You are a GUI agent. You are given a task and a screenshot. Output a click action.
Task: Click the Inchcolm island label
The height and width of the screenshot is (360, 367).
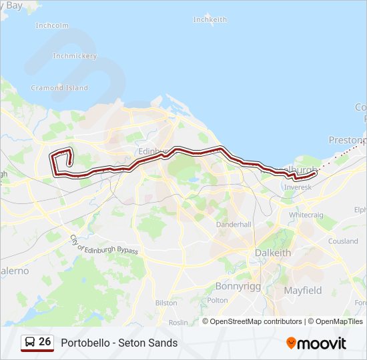click(x=52, y=26)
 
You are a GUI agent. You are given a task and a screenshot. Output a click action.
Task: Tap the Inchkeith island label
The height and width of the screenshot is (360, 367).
click(x=210, y=20)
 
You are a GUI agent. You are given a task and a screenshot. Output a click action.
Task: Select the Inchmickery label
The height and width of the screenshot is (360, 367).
click(x=75, y=56)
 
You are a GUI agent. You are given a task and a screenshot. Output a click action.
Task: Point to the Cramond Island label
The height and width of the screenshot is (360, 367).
click(x=59, y=88)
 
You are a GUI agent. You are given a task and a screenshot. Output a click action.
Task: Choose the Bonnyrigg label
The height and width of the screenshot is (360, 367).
click(x=233, y=286)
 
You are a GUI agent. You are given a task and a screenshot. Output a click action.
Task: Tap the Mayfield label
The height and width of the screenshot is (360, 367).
click(x=303, y=291)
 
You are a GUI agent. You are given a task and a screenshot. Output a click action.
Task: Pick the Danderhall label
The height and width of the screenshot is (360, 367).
click(x=234, y=225)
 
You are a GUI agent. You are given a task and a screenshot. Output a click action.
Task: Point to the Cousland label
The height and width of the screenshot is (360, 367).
click(x=343, y=241)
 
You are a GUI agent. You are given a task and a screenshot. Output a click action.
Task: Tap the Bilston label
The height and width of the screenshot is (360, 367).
click(x=166, y=303)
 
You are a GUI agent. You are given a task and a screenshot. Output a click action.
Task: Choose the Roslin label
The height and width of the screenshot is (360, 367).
click(x=178, y=322)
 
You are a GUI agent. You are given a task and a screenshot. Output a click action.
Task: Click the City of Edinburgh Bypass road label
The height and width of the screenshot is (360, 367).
click(x=103, y=244)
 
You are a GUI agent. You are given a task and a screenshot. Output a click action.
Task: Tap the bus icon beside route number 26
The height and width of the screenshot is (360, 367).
click(x=29, y=342)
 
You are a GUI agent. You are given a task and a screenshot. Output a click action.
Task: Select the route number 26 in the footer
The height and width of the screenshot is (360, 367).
click(x=45, y=342)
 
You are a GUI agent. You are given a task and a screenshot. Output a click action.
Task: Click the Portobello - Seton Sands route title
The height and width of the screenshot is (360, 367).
click(x=119, y=343)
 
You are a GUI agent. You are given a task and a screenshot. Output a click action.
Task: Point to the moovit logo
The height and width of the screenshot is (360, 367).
click(x=316, y=343)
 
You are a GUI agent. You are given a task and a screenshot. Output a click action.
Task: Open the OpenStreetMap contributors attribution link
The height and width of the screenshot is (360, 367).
click(x=256, y=321)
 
